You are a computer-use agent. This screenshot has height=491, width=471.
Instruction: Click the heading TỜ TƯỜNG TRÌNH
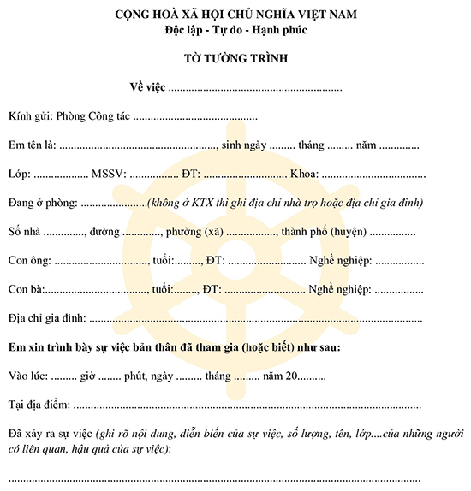point(235,59)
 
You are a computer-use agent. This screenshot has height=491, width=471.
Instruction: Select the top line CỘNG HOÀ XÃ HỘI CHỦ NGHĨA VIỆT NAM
point(235,15)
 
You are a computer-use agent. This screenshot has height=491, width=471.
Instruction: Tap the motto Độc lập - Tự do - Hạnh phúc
point(235,30)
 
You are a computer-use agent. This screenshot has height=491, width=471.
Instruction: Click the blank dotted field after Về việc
point(255,87)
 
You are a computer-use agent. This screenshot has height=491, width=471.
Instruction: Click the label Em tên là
point(32,145)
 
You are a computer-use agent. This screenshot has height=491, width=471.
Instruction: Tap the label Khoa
point(304,174)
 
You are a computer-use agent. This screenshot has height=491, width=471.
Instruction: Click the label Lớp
point(18,174)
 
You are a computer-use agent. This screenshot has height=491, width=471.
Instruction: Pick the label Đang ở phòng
point(42,203)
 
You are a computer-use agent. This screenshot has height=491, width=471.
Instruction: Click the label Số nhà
point(23,232)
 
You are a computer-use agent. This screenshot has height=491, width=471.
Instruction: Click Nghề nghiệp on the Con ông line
point(340,260)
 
